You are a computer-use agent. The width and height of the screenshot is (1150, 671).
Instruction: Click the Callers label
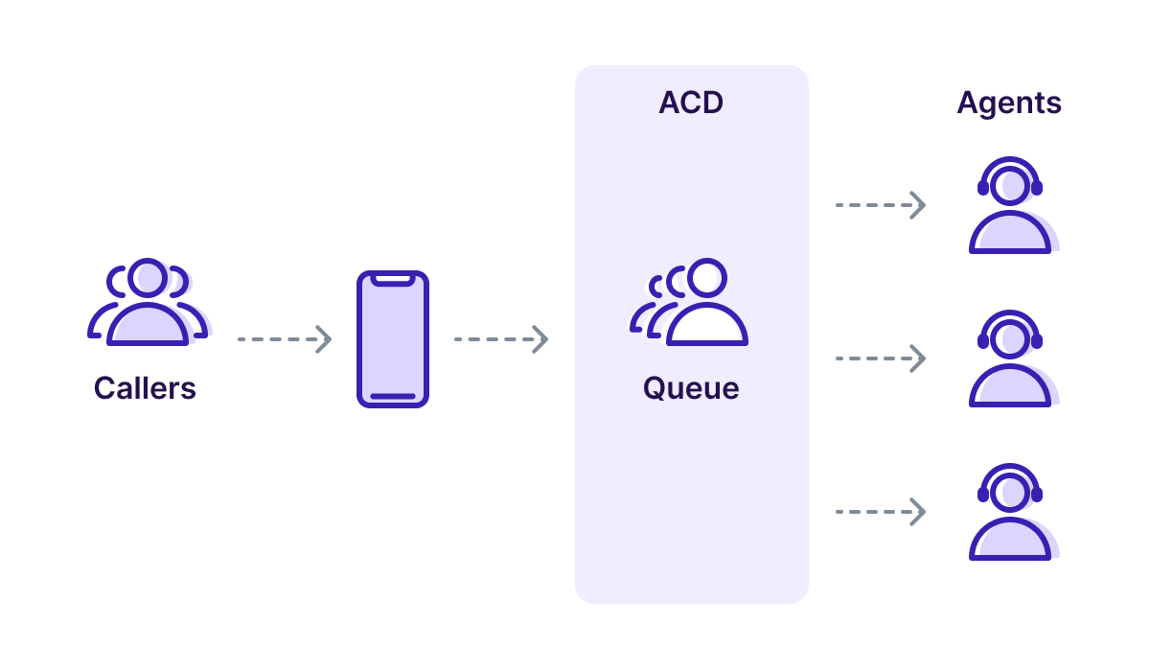pos(145,388)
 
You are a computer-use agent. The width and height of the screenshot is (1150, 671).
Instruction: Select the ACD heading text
pos(691,104)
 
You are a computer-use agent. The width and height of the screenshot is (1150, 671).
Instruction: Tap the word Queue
pos(691,388)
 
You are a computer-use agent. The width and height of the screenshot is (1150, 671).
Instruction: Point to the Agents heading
pos(1009,104)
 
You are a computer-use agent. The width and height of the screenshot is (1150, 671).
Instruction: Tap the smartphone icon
pos(393,339)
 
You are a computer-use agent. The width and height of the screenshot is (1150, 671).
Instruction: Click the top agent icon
pos(1010,206)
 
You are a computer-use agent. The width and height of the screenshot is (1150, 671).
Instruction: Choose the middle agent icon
pos(1010,359)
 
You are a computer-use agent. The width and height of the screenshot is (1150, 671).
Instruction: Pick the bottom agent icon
pos(1010,513)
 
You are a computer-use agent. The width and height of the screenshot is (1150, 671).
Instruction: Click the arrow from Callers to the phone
pos(284,339)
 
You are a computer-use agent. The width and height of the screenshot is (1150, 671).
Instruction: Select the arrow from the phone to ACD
pos(500,339)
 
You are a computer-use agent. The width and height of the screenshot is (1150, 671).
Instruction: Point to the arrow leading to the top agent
pos(880,205)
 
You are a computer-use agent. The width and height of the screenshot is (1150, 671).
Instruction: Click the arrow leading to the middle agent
pos(880,359)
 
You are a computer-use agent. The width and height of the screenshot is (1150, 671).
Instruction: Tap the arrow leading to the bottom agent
pos(880,512)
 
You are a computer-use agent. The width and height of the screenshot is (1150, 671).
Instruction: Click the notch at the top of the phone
pos(393,280)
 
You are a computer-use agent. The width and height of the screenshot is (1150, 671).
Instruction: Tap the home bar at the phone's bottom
pos(393,396)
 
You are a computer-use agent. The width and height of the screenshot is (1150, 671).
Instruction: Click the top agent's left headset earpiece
pos(983,188)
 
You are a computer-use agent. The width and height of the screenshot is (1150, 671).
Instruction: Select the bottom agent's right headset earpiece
pos(1036,495)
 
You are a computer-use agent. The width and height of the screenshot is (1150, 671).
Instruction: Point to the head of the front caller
pos(148,278)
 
